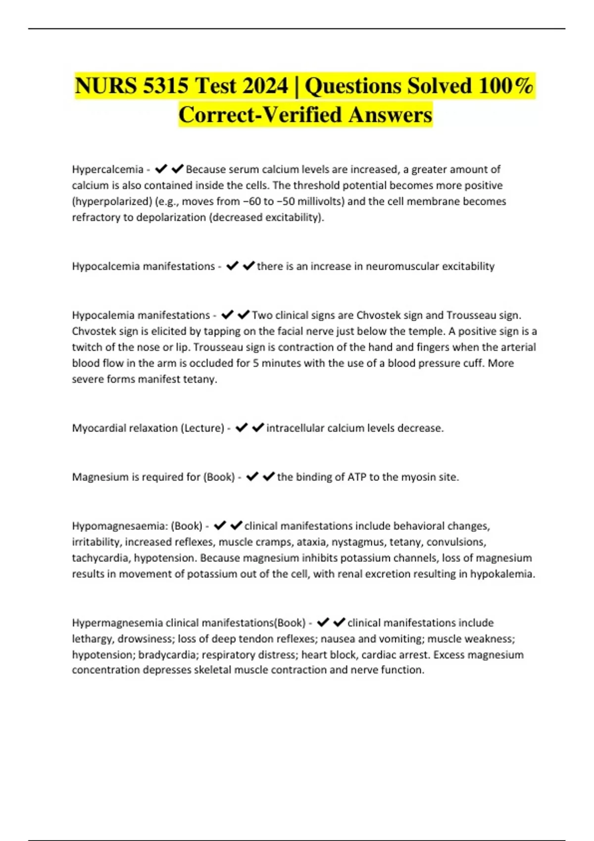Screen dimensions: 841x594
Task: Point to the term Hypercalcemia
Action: pos(107,169)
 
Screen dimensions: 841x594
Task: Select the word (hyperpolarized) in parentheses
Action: pos(111,201)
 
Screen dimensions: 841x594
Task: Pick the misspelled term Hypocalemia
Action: pos(103,315)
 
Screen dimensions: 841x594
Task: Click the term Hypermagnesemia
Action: pos(117,622)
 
